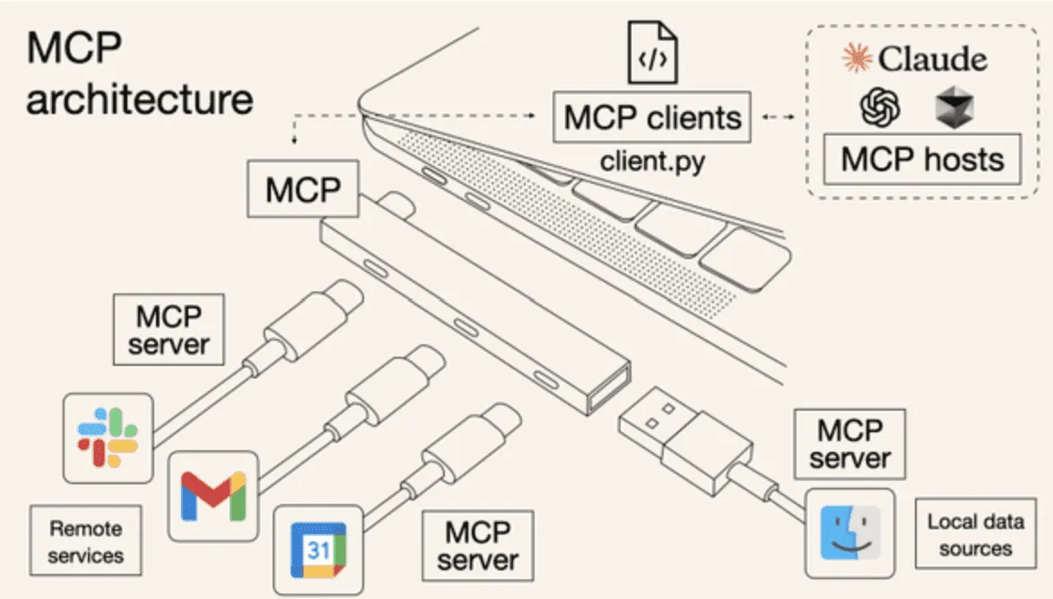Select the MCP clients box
pyautogui.click(x=652, y=117)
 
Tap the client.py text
pyautogui.click(x=651, y=162)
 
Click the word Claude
pyautogui.click(x=933, y=59)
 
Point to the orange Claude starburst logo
pyautogui.click(x=857, y=59)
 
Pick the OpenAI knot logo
pyautogui.click(x=879, y=108)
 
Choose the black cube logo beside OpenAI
pyautogui.click(x=953, y=108)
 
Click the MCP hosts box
pyautogui.click(x=922, y=160)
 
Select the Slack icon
pyautogui.click(x=107, y=438)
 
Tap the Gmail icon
pyautogui.click(x=213, y=495)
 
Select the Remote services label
pyautogui.click(x=85, y=543)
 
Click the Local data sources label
pyautogui.click(x=975, y=534)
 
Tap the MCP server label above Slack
pyautogui.click(x=168, y=330)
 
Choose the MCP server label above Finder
pyautogui.click(x=850, y=444)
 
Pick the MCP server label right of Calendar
pyautogui.click(x=477, y=545)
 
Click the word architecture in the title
pyautogui.click(x=139, y=99)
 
